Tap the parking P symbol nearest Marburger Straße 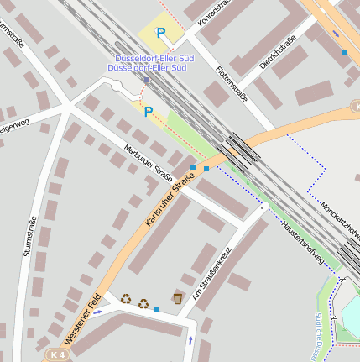click(x=149, y=112)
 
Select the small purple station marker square click(x=146, y=81)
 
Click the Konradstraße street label click(x=211, y=18)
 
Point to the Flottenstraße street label click(x=232, y=83)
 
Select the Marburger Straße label click(x=148, y=162)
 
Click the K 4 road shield click(x=56, y=354)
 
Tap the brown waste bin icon click(x=178, y=298)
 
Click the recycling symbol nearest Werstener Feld click(x=126, y=297)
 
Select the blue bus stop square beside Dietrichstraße click(x=344, y=52)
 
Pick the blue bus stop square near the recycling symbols click(x=156, y=310)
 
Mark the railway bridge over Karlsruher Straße click(x=243, y=150)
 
